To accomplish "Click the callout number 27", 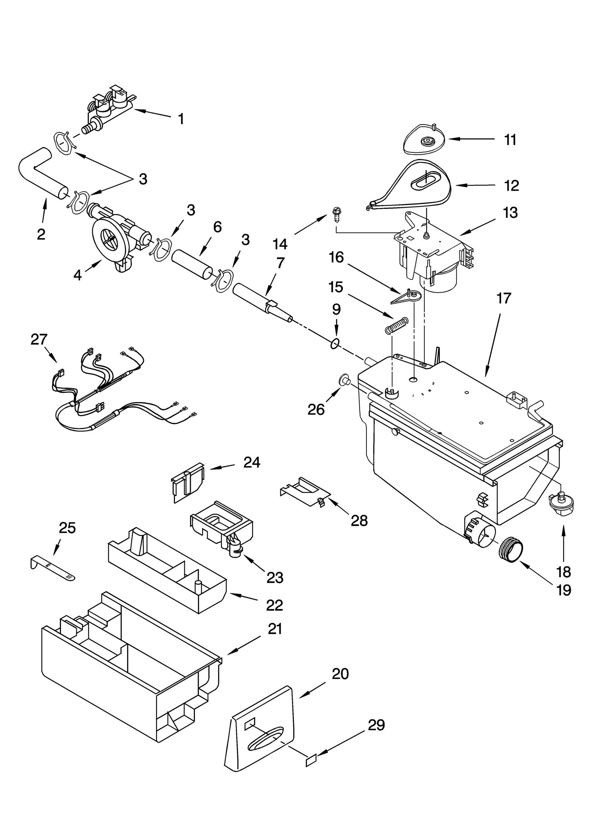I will coord(39,340).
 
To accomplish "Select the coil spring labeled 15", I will coord(396,325).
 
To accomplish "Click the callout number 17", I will coord(504,298).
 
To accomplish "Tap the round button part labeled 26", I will coord(344,381).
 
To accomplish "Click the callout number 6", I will coord(217,227).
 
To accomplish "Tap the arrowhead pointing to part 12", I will coord(458,185).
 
